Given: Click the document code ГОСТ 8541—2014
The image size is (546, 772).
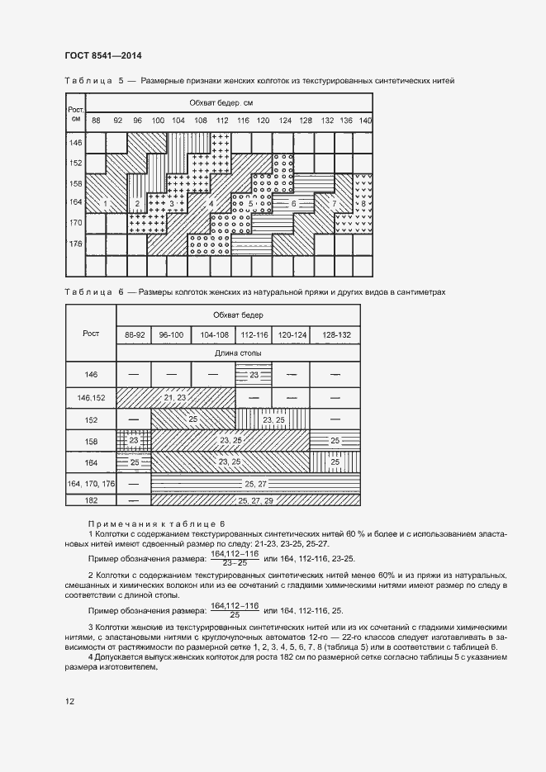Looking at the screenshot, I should [x=102, y=55].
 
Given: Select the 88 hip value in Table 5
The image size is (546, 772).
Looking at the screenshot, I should [x=97, y=121].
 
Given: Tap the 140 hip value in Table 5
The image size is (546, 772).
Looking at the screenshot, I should [x=366, y=121].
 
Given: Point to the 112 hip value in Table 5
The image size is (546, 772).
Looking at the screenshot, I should [x=221, y=121].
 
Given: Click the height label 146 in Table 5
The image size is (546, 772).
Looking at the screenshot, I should [x=75, y=144].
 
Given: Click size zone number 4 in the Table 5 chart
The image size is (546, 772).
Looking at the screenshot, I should [x=211, y=203].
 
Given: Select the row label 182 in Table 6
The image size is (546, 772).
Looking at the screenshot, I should [x=91, y=500].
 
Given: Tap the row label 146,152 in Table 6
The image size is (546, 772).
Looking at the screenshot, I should [x=91, y=398].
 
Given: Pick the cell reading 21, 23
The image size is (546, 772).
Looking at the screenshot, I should [x=175, y=398].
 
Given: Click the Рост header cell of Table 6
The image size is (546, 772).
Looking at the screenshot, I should [x=91, y=333].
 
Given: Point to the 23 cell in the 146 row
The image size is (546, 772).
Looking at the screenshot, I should [x=254, y=375].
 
